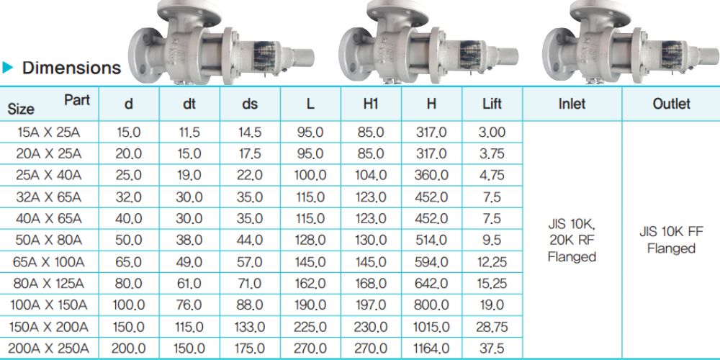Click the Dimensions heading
click(71, 68)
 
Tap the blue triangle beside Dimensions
click(8, 68)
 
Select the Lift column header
click(492, 104)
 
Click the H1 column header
click(371, 104)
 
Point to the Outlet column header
click(671, 104)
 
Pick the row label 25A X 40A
click(49, 175)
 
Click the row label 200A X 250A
click(49, 348)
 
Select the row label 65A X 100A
click(49, 262)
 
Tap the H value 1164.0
click(431, 348)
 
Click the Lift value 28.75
click(492, 326)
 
